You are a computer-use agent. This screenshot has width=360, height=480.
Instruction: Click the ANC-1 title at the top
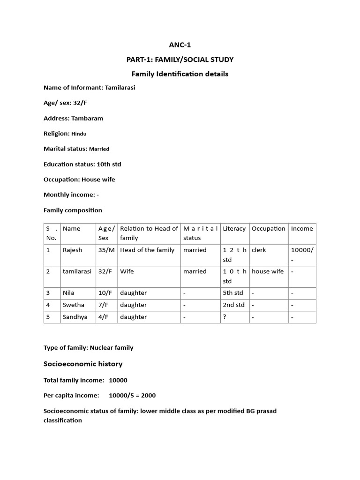point(180,45)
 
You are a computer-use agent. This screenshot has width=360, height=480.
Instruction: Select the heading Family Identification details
point(180,74)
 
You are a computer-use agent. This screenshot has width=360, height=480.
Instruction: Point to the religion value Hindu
point(79,134)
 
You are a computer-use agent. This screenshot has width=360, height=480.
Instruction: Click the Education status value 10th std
point(109,164)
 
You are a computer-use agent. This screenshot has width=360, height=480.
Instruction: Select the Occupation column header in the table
point(268,229)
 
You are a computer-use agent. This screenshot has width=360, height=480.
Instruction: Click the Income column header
point(301,229)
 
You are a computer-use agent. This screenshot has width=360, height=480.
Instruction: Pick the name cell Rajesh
point(72,250)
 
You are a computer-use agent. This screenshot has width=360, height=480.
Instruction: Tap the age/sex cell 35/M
point(106,250)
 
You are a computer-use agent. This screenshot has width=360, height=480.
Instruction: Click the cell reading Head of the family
point(147,250)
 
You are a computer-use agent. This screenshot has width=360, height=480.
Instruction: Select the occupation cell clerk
point(259,250)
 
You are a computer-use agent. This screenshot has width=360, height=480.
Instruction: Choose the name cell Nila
point(68,293)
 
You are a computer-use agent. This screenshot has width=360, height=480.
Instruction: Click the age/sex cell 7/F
point(104,305)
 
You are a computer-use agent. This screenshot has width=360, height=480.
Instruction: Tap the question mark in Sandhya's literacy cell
point(225,317)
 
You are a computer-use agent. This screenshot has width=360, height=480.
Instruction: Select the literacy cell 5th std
point(233,293)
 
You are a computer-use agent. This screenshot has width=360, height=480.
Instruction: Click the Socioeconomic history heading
point(83,364)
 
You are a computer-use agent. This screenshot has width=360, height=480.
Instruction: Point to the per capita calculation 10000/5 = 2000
point(132,395)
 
